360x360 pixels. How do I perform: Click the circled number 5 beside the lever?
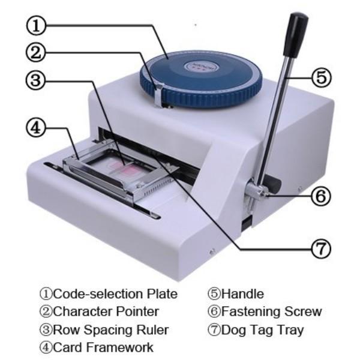pyautogui.click(x=322, y=77)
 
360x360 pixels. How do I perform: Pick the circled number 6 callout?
pyautogui.click(x=322, y=196)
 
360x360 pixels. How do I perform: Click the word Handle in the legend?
pyautogui.click(x=242, y=294)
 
